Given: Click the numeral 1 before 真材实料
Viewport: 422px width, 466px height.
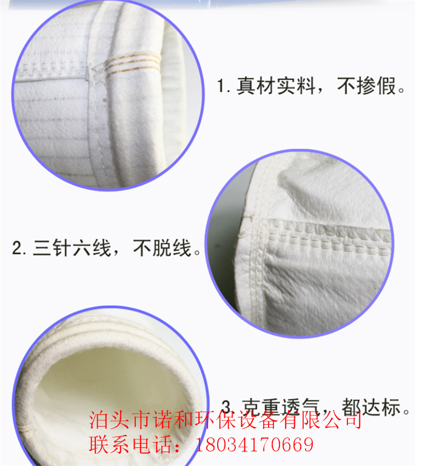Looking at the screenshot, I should (x=222, y=87).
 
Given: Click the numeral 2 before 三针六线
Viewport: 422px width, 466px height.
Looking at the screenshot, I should (x=18, y=248).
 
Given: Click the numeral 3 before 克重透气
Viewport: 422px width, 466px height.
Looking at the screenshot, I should (x=226, y=406).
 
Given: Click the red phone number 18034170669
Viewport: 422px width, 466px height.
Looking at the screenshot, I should (x=254, y=445).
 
